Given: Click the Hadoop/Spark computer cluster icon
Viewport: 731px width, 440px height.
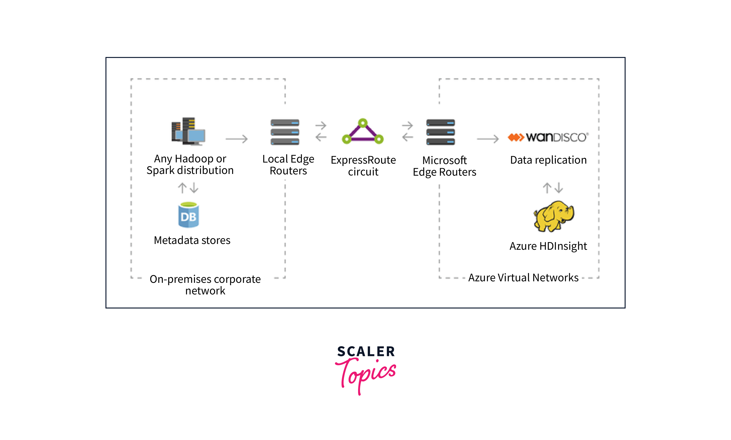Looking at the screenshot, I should pos(188,131).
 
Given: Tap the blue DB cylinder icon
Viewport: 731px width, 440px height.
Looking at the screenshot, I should pos(188,215).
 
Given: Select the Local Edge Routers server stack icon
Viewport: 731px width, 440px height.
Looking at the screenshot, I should pos(285,132).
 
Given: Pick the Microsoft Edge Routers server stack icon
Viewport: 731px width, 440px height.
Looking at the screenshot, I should pos(441,132).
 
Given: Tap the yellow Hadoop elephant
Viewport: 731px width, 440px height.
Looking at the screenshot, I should pos(554,216).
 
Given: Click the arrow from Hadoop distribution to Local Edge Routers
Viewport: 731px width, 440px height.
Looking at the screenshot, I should pos(236,139).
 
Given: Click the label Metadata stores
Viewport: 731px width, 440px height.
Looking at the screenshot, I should pos(192,240).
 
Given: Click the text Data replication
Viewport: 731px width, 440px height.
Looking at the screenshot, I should pos(548,160).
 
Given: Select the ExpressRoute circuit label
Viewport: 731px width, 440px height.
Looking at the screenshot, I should pos(363,166).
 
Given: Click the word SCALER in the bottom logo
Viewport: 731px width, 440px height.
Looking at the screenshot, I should pos(366,352).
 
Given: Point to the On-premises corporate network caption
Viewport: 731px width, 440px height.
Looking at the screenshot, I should pos(205,285).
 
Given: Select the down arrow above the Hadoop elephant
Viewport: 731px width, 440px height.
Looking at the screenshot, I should pos(559,188).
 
